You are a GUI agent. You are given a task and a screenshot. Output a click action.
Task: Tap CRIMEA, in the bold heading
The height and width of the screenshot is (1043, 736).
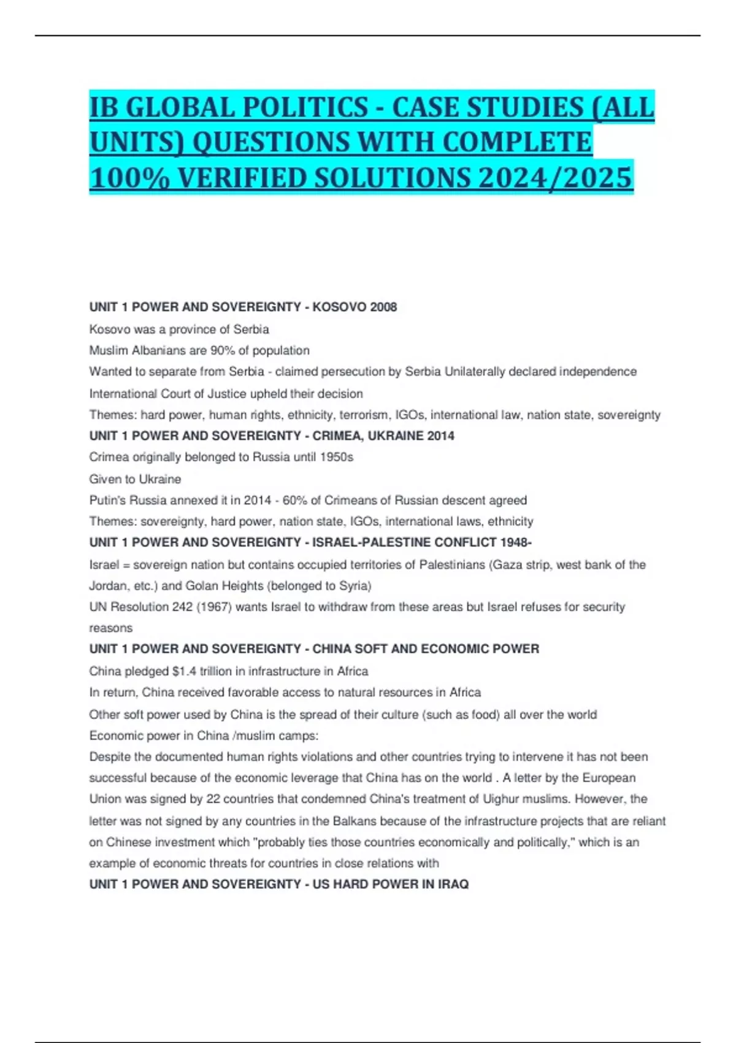tap(339, 436)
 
